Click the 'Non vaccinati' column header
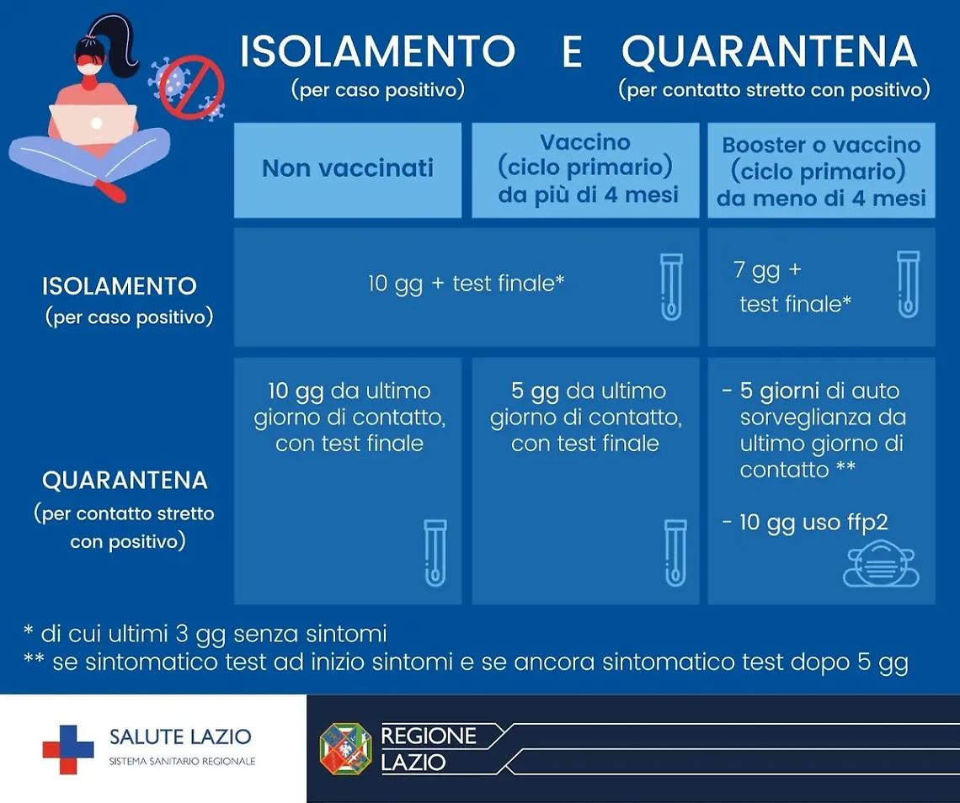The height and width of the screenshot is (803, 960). pyautogui.click(x=347, y=168)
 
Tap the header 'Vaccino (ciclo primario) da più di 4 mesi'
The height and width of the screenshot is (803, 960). pyautogui.click(x=585, y=169)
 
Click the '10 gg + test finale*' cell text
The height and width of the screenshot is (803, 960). pyautogui.click(x=466, y=284)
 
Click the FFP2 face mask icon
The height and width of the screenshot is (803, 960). pyautogui.click(x=881, y=565)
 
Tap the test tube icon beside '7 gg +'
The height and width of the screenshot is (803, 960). pyautogui.click(x=907, y=285)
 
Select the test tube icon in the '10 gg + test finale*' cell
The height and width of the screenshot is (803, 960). pyautogui.click(x=670, y=286)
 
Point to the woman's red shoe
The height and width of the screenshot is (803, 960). pyautogui.click(x=109, y=190)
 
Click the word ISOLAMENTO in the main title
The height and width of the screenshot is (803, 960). pyautogui.click(x=377, y=52)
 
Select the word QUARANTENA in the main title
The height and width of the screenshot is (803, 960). pyautogui.click(x=769, y=52)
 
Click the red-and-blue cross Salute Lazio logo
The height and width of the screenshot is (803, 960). pyautogui.click(x=68, y=748)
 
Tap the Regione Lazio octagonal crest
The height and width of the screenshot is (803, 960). pyautogui.click(x=345, y=748)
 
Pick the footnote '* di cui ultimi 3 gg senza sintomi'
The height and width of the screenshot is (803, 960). pyautogui.click(x=206, y=633)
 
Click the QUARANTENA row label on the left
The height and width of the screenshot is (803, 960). pyautogui.click(x=125, y=481)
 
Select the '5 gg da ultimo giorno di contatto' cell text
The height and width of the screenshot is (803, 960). pyautogui.click(x=585, y=417)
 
